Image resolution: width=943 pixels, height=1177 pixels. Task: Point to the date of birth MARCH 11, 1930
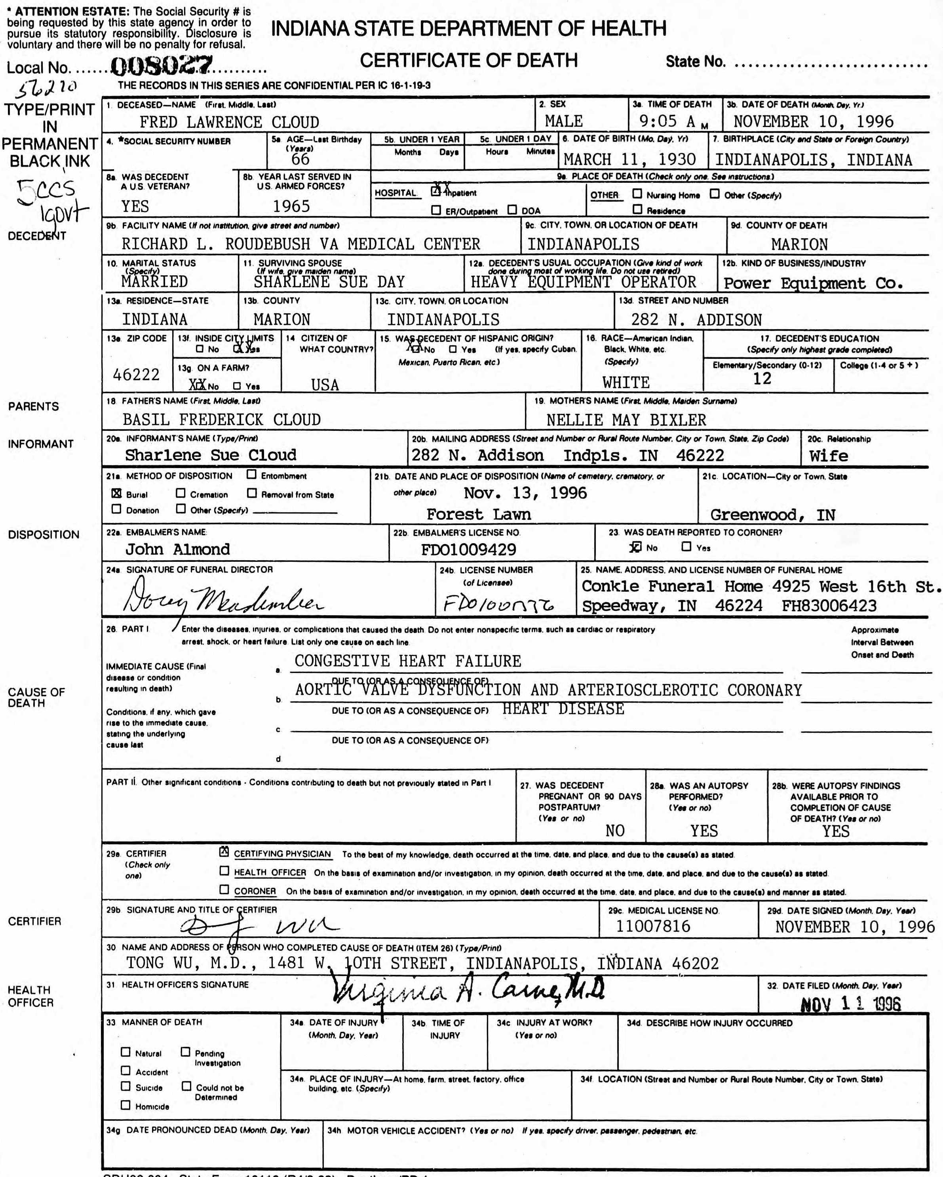click(629, 159)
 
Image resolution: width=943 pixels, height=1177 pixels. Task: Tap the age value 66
click(300, 159)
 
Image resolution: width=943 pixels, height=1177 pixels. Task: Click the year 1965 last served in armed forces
click(291, 207)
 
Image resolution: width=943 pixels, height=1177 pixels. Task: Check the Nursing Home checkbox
click(637, 194)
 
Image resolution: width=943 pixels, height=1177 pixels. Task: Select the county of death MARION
click(799, 244)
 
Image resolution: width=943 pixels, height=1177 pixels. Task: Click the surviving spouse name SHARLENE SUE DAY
click(329, 282)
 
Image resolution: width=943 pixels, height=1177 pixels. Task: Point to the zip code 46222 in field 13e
click(136, 375)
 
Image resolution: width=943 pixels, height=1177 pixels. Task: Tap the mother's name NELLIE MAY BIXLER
click(626, 420)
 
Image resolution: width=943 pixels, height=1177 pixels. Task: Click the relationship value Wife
click(828, 456)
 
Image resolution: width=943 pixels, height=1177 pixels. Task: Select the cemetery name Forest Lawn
click(478, 514)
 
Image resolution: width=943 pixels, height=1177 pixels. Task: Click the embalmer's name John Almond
click(178, 549)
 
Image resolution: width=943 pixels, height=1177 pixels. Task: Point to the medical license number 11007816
click(653, 927)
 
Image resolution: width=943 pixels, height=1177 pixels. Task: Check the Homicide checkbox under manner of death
click(125, 1105)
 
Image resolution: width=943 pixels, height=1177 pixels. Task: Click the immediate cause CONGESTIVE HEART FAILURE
click(408, 661)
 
